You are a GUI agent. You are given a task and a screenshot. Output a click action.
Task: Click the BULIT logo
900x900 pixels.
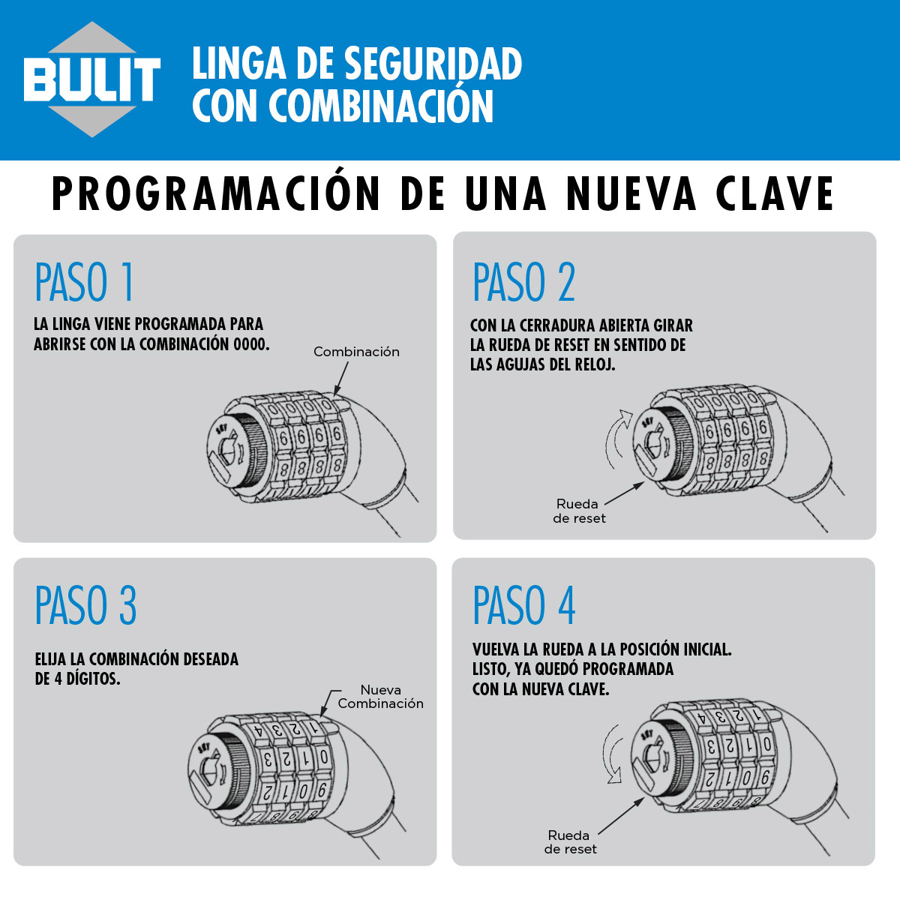tap(91, 79)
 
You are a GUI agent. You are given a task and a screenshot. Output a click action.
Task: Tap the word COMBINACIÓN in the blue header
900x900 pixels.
tap(381, 106)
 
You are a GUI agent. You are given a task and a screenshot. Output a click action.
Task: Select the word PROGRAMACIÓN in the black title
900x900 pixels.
tap(216, 194)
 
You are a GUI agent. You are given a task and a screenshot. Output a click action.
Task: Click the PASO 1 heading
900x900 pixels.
tap(85, 283)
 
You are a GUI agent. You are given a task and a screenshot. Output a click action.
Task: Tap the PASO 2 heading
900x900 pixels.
tap(523, 283)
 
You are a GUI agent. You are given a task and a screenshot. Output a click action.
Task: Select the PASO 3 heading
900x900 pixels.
tap(85, 606)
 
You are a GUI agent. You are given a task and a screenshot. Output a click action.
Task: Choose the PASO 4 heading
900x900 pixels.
tap(523, 606)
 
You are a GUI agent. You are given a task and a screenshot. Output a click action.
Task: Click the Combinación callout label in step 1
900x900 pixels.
tap(356, 352)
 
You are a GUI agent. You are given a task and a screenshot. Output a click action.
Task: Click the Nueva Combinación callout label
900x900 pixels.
tap(380, 697)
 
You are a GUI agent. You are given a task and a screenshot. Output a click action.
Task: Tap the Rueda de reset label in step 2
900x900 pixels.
tap(578, 511)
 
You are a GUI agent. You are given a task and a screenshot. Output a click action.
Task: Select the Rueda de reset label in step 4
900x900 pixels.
tap(570, 841)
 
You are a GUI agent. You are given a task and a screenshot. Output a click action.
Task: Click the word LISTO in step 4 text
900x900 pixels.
tap(490, 669)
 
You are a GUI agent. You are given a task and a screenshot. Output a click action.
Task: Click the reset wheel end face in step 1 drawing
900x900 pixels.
tap(229, 454)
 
